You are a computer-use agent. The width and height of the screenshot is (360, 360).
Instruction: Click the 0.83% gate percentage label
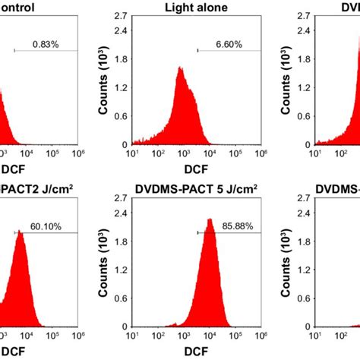tap(46, 44)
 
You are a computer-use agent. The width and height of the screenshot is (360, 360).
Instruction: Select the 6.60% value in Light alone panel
tap(229, 44)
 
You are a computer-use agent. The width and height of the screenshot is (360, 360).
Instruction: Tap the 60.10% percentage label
tap(46, 226)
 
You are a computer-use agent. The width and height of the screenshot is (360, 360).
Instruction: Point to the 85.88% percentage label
tap(229, 226)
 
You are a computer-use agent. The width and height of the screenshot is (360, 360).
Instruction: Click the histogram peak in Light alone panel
tap(180, 68)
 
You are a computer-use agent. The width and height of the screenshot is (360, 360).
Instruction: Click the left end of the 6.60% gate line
tap(197, 51)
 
